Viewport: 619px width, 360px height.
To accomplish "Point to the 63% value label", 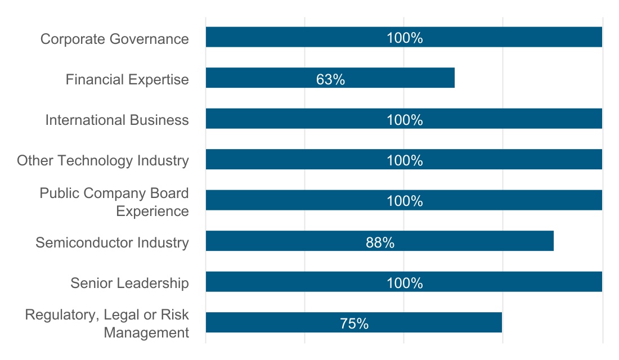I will click(330, 79).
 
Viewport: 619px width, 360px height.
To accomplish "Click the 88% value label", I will click(380, 242).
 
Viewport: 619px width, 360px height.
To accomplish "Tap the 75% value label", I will click(354, 324).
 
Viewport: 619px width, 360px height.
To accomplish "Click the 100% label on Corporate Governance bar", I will click(405, 38).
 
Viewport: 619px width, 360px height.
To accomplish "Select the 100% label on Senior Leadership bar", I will click(405, 283).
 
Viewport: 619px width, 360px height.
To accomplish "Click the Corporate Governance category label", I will click(115, 39).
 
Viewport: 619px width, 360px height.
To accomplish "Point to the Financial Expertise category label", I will click(127, 79).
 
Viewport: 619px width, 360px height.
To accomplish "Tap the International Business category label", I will click(117, 120).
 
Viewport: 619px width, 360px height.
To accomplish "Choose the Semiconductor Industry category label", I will click(112, 242).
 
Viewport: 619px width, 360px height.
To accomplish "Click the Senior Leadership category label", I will click(129, 283).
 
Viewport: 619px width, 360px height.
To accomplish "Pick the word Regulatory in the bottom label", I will click(61, 315).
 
